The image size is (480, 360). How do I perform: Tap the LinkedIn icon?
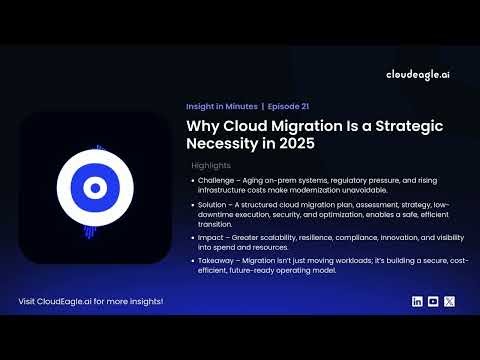click(417, 301)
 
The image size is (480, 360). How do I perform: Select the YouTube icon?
click(433, 301)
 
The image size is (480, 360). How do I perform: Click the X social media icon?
click(449, 301)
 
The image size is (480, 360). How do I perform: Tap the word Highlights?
click(211, 165)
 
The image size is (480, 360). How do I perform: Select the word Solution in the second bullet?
click(213, 203)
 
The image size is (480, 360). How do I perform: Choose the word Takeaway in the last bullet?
click(217, 259)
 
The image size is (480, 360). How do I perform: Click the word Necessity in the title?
click(227, 144)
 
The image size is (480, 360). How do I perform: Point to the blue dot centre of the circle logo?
click(94, 187)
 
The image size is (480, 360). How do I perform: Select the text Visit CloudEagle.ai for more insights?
click(91, 301)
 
